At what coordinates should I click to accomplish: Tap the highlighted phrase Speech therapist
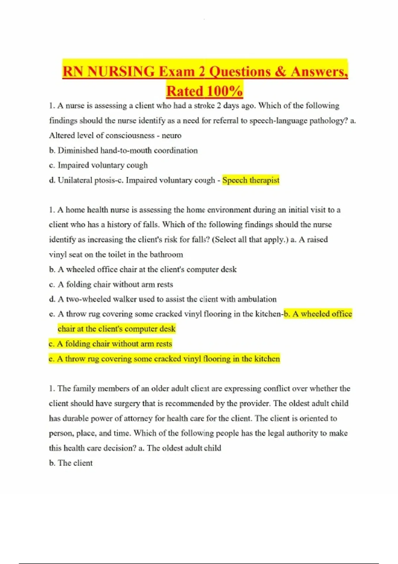tap(251, 180)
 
